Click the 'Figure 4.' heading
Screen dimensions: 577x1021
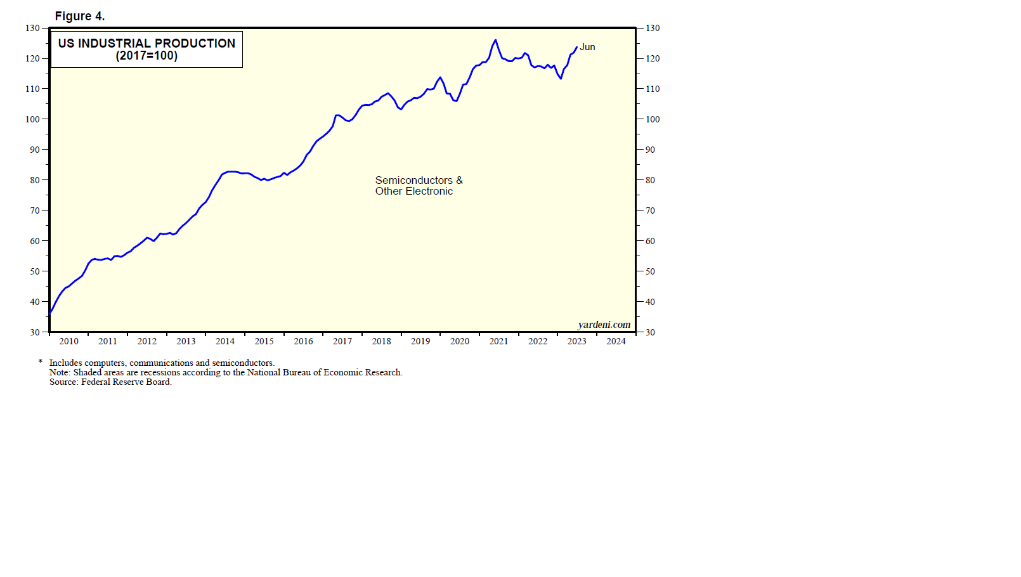[80, 16]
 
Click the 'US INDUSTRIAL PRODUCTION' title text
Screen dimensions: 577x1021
[146, 43]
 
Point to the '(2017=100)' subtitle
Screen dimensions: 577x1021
[146, 56]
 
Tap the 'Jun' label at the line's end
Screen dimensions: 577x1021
[587, 47]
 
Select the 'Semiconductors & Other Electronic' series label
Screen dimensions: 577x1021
[419, 186]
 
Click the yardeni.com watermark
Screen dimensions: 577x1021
[604, 325]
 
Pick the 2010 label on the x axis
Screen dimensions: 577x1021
[68, 341]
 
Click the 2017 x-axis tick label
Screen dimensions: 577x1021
[342, 341]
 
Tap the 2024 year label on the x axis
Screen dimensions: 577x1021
[616, 341]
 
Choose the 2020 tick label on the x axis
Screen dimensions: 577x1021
[460, 341]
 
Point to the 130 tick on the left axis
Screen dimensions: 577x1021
[32, 28]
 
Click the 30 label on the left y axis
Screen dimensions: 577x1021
[35, 332]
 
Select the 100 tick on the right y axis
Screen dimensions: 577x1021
[653, 119]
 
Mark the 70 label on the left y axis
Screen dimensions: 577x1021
[35, 211]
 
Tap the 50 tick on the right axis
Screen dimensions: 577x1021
[650, 271]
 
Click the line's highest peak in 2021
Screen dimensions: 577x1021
[495, 40]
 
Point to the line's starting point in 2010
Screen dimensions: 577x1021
[50, 313]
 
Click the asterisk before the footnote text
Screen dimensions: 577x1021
[41, 362]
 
